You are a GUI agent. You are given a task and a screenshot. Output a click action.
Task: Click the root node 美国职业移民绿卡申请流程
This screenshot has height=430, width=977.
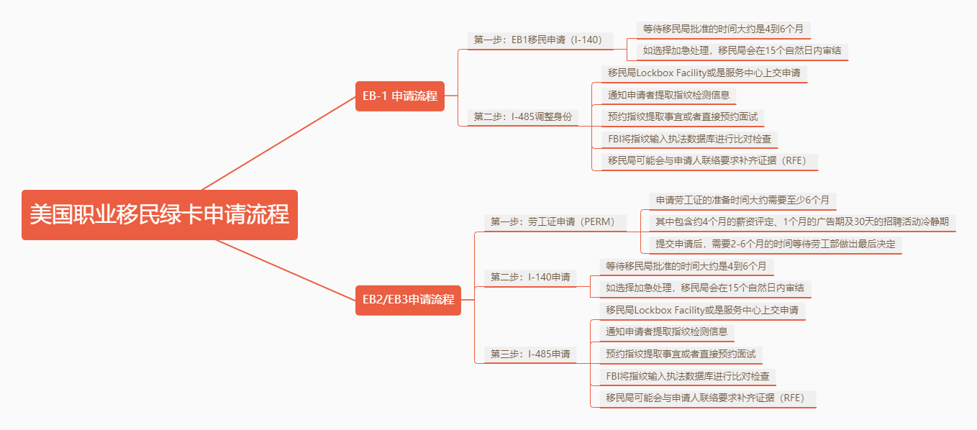coord(160,214)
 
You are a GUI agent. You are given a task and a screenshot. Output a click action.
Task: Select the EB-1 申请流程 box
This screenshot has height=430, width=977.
coord(400,96)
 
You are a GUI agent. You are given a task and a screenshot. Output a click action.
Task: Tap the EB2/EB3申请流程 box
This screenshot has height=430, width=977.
coord(408,300)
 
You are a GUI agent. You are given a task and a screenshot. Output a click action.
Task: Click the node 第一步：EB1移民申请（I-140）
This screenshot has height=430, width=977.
coord(540,40)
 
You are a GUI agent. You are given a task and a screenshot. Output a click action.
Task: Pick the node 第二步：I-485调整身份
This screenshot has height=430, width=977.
coord(522,117)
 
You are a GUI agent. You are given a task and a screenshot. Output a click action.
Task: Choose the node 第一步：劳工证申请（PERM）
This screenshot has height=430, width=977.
coord(555,222)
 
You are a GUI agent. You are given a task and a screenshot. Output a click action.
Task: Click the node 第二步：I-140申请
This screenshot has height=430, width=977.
coord(530,278)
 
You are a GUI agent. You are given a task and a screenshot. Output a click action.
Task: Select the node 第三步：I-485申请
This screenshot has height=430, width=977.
coord(530,354)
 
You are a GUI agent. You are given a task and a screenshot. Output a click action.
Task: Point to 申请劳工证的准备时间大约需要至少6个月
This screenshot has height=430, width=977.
coord(742,200)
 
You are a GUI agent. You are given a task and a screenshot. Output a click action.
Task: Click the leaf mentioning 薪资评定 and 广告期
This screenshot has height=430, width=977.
coord(803,222)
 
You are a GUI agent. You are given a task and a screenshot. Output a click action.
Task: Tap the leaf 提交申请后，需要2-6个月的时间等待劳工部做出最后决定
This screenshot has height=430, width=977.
coord(776,244)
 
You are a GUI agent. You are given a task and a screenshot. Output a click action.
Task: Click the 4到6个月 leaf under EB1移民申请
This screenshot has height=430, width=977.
coord(724,29)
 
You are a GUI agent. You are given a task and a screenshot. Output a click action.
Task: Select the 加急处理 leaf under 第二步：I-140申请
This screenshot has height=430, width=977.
coord(705,288)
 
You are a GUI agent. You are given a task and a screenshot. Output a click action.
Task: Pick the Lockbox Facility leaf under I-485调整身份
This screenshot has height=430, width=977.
coord(704,73)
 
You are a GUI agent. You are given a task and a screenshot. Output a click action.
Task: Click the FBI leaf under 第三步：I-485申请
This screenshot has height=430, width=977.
coord(687,376)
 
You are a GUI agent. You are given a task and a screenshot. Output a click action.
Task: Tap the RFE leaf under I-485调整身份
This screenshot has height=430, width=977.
coord(709,161)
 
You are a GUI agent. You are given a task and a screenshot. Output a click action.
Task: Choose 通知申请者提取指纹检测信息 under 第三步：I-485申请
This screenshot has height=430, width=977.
coord(667,332)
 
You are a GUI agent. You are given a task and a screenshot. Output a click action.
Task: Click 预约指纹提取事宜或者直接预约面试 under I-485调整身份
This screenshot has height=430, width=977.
coord(683,117)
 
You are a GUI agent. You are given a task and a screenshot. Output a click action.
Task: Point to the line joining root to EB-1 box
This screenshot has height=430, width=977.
coord(278,143)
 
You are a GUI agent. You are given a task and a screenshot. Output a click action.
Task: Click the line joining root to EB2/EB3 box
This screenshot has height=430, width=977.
coord(286,270)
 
